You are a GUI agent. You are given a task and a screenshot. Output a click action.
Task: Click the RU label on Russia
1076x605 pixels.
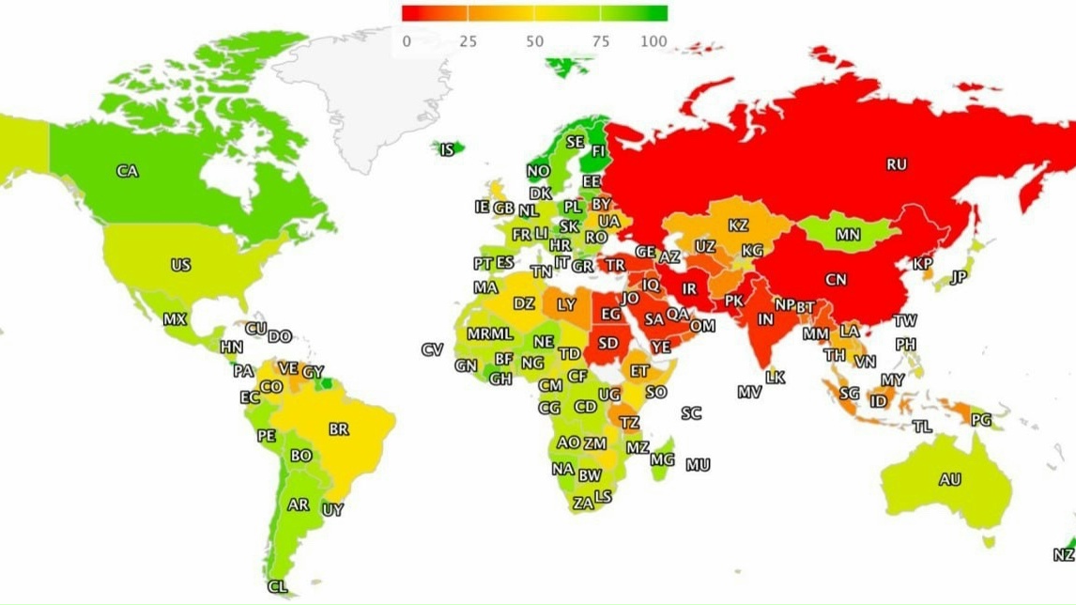[897, 164]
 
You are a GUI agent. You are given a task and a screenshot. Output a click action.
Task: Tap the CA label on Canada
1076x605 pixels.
[128, 171]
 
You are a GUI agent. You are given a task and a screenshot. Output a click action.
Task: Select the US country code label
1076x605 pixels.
[180, 265]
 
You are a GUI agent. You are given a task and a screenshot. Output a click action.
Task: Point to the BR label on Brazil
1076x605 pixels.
[339, 429]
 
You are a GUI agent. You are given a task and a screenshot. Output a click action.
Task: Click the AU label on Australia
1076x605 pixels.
[949, 479]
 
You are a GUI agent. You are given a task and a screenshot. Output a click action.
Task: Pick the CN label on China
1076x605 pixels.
[835, 279]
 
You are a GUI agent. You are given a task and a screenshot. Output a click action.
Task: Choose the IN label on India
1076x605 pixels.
[766, 318]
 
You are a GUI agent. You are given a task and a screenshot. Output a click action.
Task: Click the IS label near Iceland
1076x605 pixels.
[447, 148]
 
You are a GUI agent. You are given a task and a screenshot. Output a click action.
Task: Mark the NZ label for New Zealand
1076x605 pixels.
[1063, 555]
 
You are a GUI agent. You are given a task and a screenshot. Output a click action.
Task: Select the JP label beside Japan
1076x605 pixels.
[958, 277]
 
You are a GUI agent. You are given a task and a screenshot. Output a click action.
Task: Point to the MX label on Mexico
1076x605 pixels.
[175, 319]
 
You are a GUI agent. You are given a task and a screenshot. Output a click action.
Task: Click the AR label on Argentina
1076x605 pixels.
[299, 504]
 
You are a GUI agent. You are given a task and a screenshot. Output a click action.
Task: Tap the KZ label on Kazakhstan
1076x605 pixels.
[738, 225]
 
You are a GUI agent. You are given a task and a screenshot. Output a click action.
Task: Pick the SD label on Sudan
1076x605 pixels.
[608, 343]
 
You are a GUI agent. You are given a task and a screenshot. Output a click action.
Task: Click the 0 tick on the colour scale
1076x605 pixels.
[406, 41]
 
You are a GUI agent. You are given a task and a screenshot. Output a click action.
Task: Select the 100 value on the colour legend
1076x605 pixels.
[654, 41]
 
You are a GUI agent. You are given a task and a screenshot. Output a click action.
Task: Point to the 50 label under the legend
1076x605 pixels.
[534, 41]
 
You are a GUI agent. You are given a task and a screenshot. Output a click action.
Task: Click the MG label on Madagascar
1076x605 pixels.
[662, 459]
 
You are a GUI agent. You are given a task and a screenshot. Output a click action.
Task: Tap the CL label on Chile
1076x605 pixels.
[277, 586]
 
